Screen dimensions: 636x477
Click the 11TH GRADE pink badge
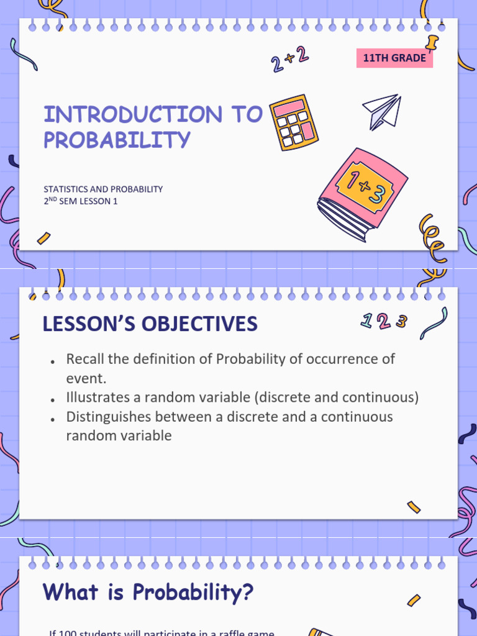pyautogui.click(x=394, y=58)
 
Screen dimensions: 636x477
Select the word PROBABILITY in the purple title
pyautogui.click(x=117, y=140)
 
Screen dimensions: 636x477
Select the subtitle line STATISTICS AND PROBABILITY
pyautogui.click(x=103, y=189)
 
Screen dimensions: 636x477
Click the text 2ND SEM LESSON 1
pyautogui.click(x=80, y=201)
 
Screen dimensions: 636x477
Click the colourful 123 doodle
pyautogui.click(x=384, y=321)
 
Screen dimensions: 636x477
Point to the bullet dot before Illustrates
pyautogui.click(x=53, y=400)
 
